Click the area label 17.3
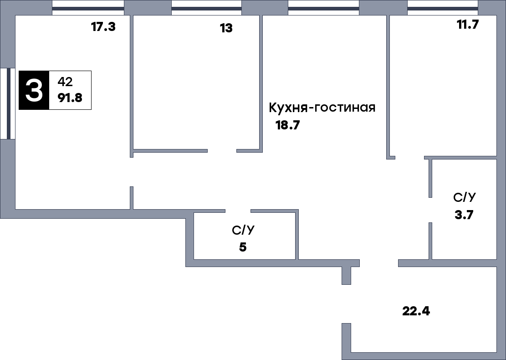[103, 27]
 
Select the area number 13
[226, 28]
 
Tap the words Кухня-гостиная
[322, 108]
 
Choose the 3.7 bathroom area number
[465, 215]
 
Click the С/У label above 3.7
[465, 198]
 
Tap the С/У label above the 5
[243, 231]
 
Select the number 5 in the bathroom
[243, 247]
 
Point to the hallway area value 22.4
[416, 312]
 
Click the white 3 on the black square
[34, 90]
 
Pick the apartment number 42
[65, 82]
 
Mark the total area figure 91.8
[70, 98]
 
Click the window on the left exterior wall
[8, 103]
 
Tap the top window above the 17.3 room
[88, 8]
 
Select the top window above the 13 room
[206, 8]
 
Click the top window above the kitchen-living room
[323, 8]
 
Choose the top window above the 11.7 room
[442, 8]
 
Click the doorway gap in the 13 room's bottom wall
[222, 150]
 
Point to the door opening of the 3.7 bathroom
[430, 210]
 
